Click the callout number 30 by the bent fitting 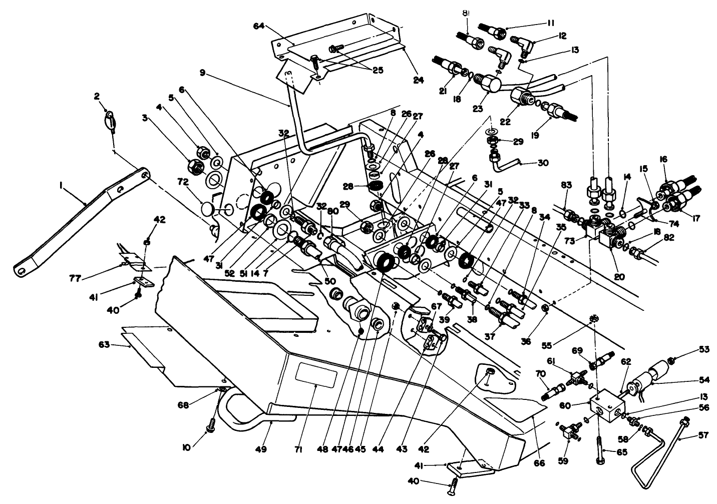(542, 163)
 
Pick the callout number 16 (664, 159)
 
